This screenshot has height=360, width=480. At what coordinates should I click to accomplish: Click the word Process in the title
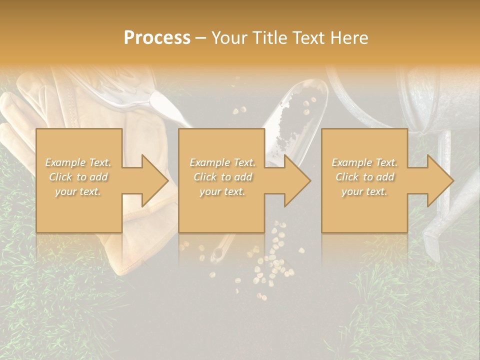click(x=157, y=38)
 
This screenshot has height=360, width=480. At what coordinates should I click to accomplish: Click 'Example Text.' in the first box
click(x=78, y=162)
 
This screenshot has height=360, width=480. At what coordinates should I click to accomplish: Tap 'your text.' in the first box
click(x=78, y=191)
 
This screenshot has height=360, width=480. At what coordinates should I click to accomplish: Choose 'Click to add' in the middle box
click(x=222, y=177)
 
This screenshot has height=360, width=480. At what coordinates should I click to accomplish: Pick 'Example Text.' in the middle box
click(x=222, y=162)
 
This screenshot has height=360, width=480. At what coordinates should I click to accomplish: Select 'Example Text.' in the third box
click(x=364, y=162)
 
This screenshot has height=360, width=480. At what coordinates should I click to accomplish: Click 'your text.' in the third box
click(x=364, y=191)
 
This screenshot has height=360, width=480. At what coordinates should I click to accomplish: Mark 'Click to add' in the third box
click(x=364, y=177)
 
